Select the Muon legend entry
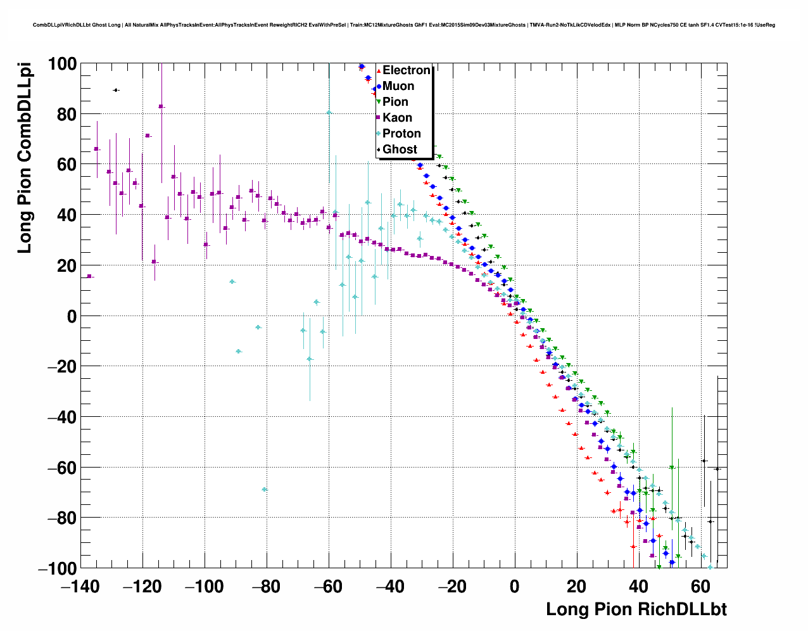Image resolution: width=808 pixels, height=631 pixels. pos(398,86)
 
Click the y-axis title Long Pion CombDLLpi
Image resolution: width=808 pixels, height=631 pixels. pos(24,158)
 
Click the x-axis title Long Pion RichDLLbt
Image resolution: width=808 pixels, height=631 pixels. pos(636,609)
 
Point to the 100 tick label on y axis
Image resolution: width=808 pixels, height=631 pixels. pos(61,64)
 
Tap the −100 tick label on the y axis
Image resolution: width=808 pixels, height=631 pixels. pos(57,568)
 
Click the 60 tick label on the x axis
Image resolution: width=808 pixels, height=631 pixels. pos(700,587)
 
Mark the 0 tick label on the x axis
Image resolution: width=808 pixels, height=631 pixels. pos(514,587)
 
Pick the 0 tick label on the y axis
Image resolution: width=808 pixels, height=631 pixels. pos(70,316)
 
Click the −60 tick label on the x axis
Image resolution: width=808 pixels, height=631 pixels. pos(328,587)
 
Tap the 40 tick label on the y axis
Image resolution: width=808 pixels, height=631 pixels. pos(66,215)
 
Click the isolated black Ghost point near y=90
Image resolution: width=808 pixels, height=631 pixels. pos(116,90)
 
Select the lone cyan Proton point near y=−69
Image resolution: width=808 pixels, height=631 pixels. pos(264,489)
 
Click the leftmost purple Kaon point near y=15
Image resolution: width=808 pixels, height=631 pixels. pos(89,276)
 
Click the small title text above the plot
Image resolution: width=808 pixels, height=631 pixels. pos(404,25)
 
